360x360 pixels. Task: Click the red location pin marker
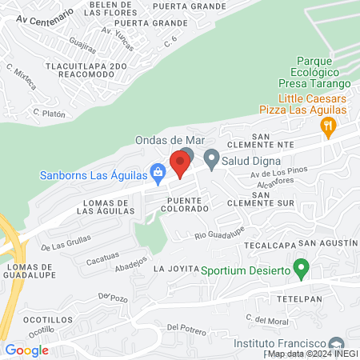180,163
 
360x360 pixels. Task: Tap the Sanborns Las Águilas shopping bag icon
158,171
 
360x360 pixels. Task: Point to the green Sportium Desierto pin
301,267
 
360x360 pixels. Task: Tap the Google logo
26,350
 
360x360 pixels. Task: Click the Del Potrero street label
186,329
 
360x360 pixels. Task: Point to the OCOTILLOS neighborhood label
27,317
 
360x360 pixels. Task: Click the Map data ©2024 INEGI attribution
312,353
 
